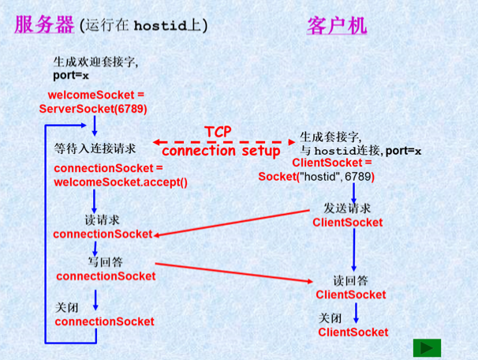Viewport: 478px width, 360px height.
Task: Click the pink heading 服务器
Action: coord(44,24)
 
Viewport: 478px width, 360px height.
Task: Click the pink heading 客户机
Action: coord(336,24)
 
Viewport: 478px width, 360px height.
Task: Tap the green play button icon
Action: coord(427,347)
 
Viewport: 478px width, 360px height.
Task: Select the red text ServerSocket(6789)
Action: coord(93,108)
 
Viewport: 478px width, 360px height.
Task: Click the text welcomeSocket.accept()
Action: coord(121,182)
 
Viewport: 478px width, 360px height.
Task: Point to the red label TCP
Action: coord(218,132)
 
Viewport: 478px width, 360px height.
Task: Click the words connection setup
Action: coord(220,150)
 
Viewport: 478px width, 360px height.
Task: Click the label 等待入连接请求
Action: coord(95,148)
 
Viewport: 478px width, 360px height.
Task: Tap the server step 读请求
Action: coord(103,219)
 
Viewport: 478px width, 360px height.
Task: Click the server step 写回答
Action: coord(105,261)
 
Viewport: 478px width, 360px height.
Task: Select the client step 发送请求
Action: coord(347,208)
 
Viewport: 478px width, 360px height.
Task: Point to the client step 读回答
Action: coord(351,280)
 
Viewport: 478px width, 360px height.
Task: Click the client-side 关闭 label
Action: coord(330,317)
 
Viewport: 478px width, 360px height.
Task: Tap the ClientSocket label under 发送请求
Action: coord(348,223)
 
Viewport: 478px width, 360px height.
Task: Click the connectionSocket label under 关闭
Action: coord(104,321)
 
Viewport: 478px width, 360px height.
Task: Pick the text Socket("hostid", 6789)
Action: coord(316,176)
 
